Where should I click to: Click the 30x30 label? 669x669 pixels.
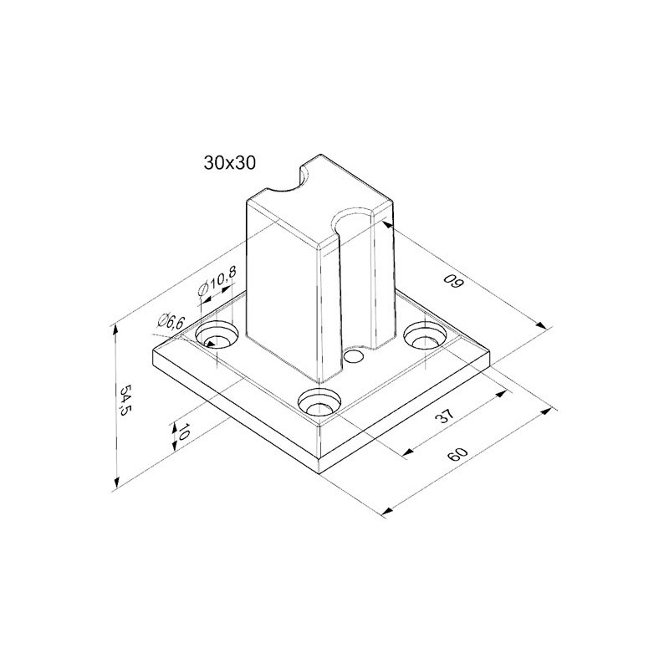[229, 162]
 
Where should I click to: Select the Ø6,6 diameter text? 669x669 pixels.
[171, 322]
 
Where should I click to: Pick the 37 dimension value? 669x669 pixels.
[445, 416]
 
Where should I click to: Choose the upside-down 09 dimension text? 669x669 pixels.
[453, 282]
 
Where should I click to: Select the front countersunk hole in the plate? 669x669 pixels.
[319, 401]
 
